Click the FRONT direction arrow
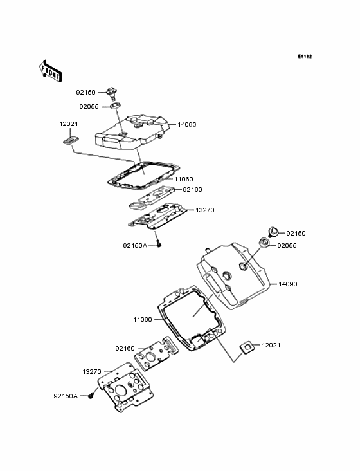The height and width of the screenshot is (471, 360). (50, 71)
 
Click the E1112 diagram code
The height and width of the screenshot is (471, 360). (305, 56)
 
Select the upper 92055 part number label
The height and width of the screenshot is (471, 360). (89, 107)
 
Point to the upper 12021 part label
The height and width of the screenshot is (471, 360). (69, 124)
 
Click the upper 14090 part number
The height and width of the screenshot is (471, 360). (187, 125)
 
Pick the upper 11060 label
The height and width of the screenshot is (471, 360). (184, 180)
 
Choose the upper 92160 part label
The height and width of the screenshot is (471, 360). (192, 190)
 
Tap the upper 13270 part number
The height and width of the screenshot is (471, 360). (205, 210)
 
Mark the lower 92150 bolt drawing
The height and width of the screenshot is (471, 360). (273, 232)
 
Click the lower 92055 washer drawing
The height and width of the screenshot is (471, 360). (264, 242)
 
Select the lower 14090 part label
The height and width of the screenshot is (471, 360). (288, 284)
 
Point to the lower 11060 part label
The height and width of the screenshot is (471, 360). (143, 320)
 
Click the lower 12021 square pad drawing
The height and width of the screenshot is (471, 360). (247, 347)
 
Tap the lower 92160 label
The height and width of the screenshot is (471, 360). (125, 349)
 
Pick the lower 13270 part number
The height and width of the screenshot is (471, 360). (92, 372)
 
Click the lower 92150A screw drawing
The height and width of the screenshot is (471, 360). (90, 396)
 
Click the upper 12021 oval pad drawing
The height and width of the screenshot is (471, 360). (71, 140)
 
